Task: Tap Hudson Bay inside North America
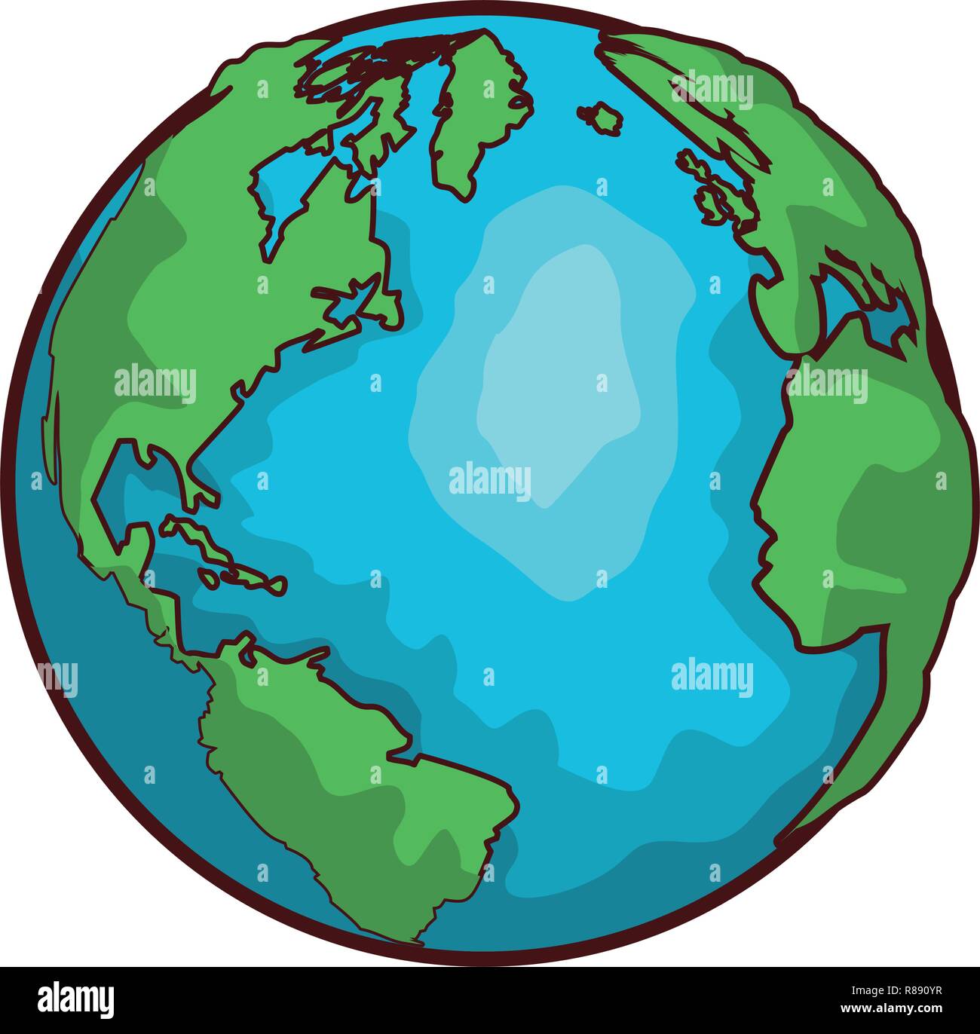[x=283, y=188]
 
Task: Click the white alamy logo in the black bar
[x=76, y=1000]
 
